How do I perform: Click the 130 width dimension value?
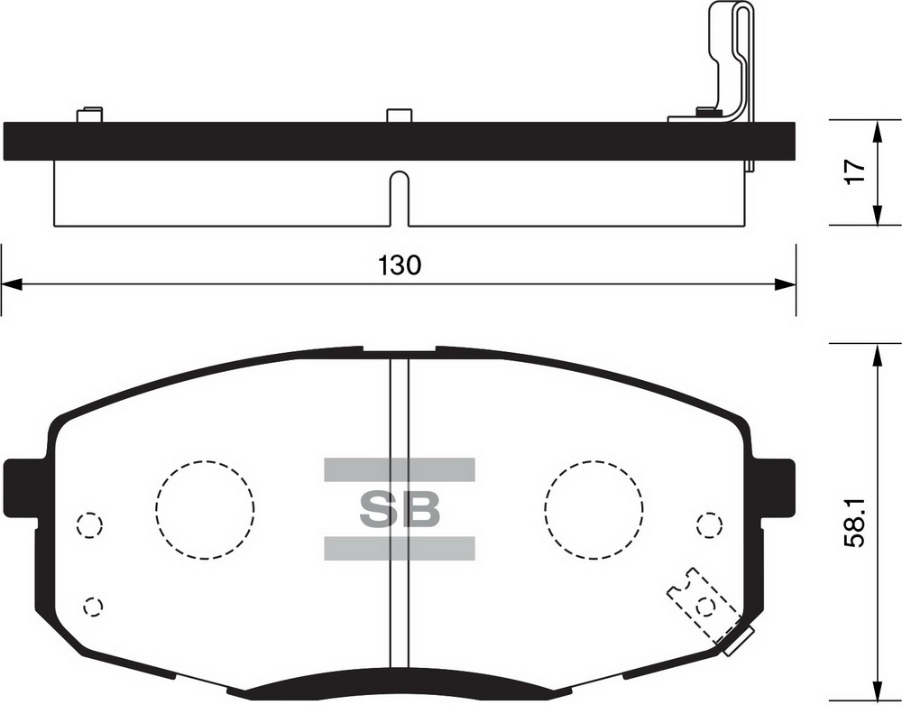[399, 265]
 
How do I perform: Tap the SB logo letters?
[400, 509]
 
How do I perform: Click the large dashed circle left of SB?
[205, 510]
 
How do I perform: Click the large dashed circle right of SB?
[594, 510]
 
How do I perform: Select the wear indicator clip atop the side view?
[729, 63]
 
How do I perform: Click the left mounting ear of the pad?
[23, 487]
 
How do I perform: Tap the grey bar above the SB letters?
[400, 469]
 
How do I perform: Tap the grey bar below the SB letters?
[400, 547]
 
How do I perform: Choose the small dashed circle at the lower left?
[92, 606]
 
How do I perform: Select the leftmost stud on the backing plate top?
[89, 115]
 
